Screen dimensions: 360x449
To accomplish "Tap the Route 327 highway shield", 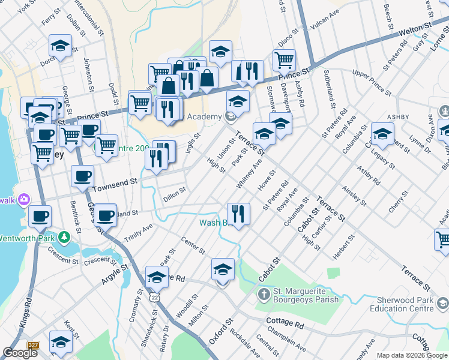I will coord(33,346).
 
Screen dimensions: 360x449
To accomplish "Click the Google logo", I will coord(20,353).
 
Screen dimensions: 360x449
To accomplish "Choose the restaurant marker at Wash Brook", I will coord(238,213).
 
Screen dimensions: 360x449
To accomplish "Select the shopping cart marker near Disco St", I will coord(284,59).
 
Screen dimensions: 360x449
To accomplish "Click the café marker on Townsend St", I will coord(83,176).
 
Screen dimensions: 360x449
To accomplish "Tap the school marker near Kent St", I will coord(61,341).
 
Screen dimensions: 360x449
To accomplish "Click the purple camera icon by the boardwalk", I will coord(24,199).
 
